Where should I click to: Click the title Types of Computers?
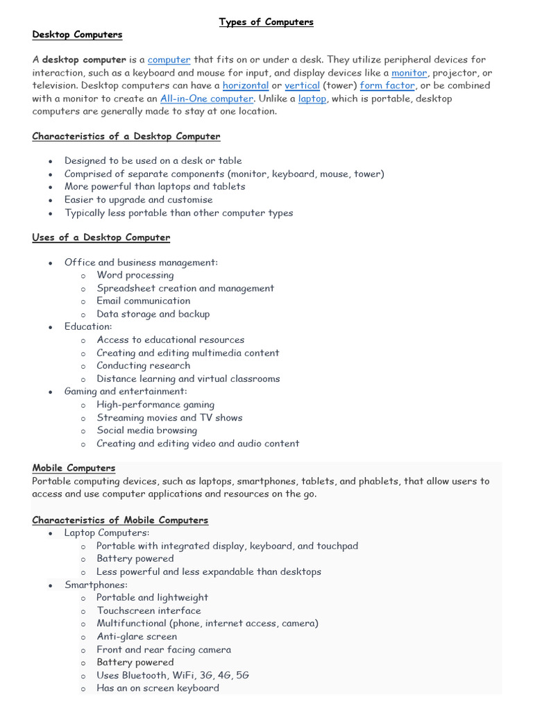click(x=266, y=22)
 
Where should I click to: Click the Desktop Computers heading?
click(x=77, y=35)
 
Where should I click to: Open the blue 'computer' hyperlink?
click(x=169, y=60)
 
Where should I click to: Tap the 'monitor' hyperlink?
click(x=409, y=73)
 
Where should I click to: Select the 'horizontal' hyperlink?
click(x=245, y=86)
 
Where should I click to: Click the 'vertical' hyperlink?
click(x=302, y=86)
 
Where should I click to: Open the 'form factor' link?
click(x=387, y=86)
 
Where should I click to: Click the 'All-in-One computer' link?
click(x=206, y=99)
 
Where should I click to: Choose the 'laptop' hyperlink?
click(x=312, y=99)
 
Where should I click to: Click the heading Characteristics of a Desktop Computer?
click(x=126, y=137)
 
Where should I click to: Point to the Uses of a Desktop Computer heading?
click(x=101, y=237)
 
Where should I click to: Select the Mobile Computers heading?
click(x=74, y=468)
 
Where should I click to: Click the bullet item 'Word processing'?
click(x=135, y=275)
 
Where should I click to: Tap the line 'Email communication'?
click(x=143, y=301)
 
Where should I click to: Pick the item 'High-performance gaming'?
click(x=155, y=405)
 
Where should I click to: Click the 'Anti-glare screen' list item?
click(x=137, y=637)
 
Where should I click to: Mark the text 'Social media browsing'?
click(x=146, y=430)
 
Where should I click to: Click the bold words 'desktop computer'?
click(x=84, y=60)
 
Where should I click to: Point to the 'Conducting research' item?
click(x=143, y=366)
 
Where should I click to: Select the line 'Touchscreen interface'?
click(x=149, y=611)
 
